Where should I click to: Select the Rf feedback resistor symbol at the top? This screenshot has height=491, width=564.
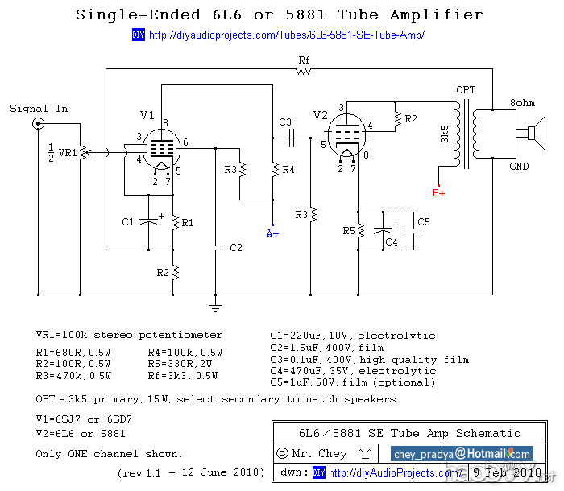pos(303,71)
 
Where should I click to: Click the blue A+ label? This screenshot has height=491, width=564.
pos(272,233)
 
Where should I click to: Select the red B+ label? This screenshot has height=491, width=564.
pos(438,193)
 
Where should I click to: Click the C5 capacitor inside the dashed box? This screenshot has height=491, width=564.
pos(413,230)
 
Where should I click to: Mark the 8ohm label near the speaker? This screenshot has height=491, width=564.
pos(522,104)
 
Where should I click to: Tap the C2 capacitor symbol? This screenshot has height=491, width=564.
pos(215,247)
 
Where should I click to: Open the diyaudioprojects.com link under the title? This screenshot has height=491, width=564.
pos(286,35)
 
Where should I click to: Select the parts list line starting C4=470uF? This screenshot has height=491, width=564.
pos(353,371)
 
